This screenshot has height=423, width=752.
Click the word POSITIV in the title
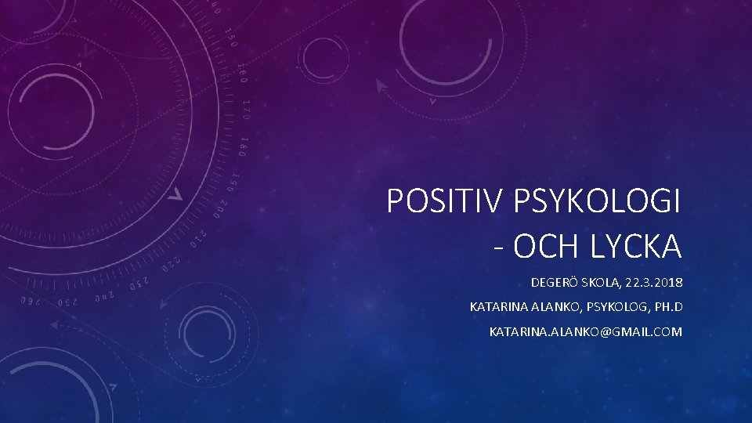[446, 202]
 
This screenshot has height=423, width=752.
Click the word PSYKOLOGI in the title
[597, 202]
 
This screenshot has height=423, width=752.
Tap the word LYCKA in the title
[636, 246]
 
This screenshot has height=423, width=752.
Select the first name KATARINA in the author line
[497, 306]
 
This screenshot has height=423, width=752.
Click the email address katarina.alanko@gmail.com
[585, 332]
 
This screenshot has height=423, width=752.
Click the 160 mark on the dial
[244, 73]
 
